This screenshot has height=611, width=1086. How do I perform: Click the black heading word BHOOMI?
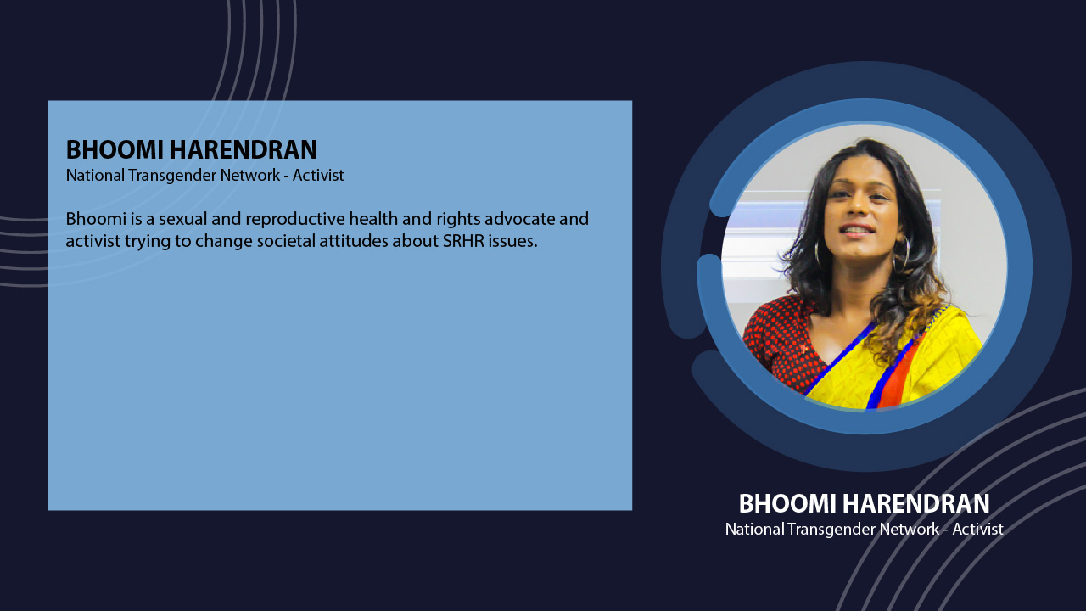(115, 149)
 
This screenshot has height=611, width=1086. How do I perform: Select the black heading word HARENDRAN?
(244, 149)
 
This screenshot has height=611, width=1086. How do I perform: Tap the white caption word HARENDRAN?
(915, 503)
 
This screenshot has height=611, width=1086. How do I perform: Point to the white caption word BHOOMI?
(787, 503)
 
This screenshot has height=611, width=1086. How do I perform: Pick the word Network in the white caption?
(910, 529)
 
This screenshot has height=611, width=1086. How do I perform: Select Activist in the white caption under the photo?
(977, 529)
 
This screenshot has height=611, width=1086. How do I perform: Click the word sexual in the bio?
(182, 219)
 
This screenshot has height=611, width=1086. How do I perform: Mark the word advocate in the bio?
(520, 219)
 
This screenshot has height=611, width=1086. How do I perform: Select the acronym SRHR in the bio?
(463, 241)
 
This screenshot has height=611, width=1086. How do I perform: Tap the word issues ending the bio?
(513, 241)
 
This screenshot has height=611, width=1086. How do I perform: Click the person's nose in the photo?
(858, 207)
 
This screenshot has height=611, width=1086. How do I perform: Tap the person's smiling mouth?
(857, 229)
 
